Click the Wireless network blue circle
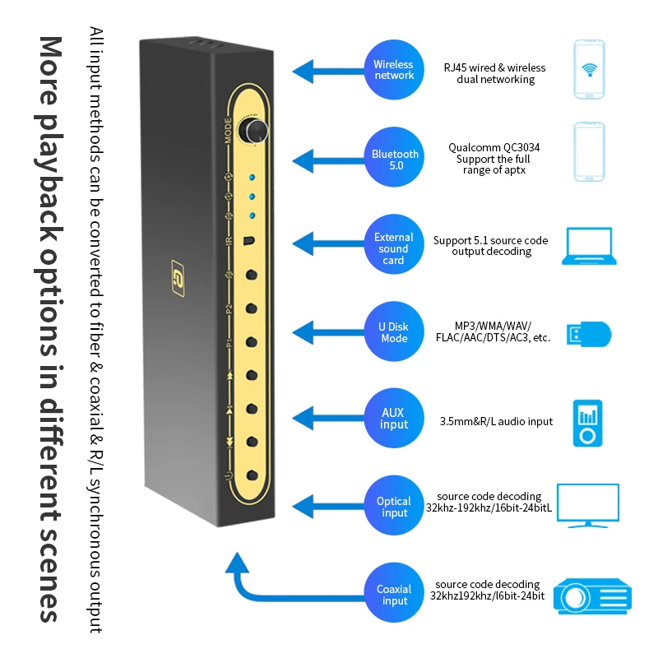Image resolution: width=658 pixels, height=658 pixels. pyautogui.click(x=394, y=69)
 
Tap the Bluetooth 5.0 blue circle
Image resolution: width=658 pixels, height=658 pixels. pyautogui.click(x=394, y=159)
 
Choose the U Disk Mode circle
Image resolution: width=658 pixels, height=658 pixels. pyautogui.click(x=394, y=332)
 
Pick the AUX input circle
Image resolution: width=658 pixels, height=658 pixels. pyautogui.click(x=394, y=418)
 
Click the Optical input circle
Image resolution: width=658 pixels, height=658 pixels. pyautogui.click(x=394, y=507)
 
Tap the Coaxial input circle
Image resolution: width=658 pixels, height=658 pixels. pyautogui.click(x=394, y=595)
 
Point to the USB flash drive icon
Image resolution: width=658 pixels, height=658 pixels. pyautogui.click(x=588, y=334)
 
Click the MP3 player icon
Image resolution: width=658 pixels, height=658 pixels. pyautogui.click(x=587, y=423)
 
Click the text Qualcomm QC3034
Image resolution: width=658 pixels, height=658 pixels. pyautogui.click(x=493, y=148)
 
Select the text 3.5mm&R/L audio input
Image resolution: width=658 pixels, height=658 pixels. pyautogui.click(x=495, y=422)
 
